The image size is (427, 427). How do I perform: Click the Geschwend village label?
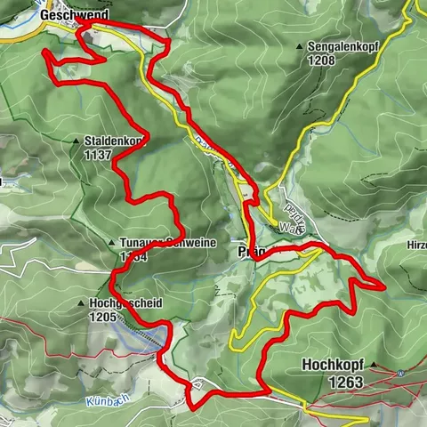click(x=75, y=15)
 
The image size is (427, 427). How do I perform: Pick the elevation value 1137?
click(x=99, y=154)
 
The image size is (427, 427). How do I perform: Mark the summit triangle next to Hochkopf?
click(x=374, y=366)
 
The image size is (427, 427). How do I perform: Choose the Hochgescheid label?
click(x=125, y=302)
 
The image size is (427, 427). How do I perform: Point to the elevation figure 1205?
click(x=105, y=316)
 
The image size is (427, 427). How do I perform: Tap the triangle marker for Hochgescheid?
click(x=82, y=303)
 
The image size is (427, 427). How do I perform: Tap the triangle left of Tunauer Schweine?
click(x=110, y=243)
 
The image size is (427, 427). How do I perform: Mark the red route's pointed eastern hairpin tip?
click(x=383, y=286)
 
